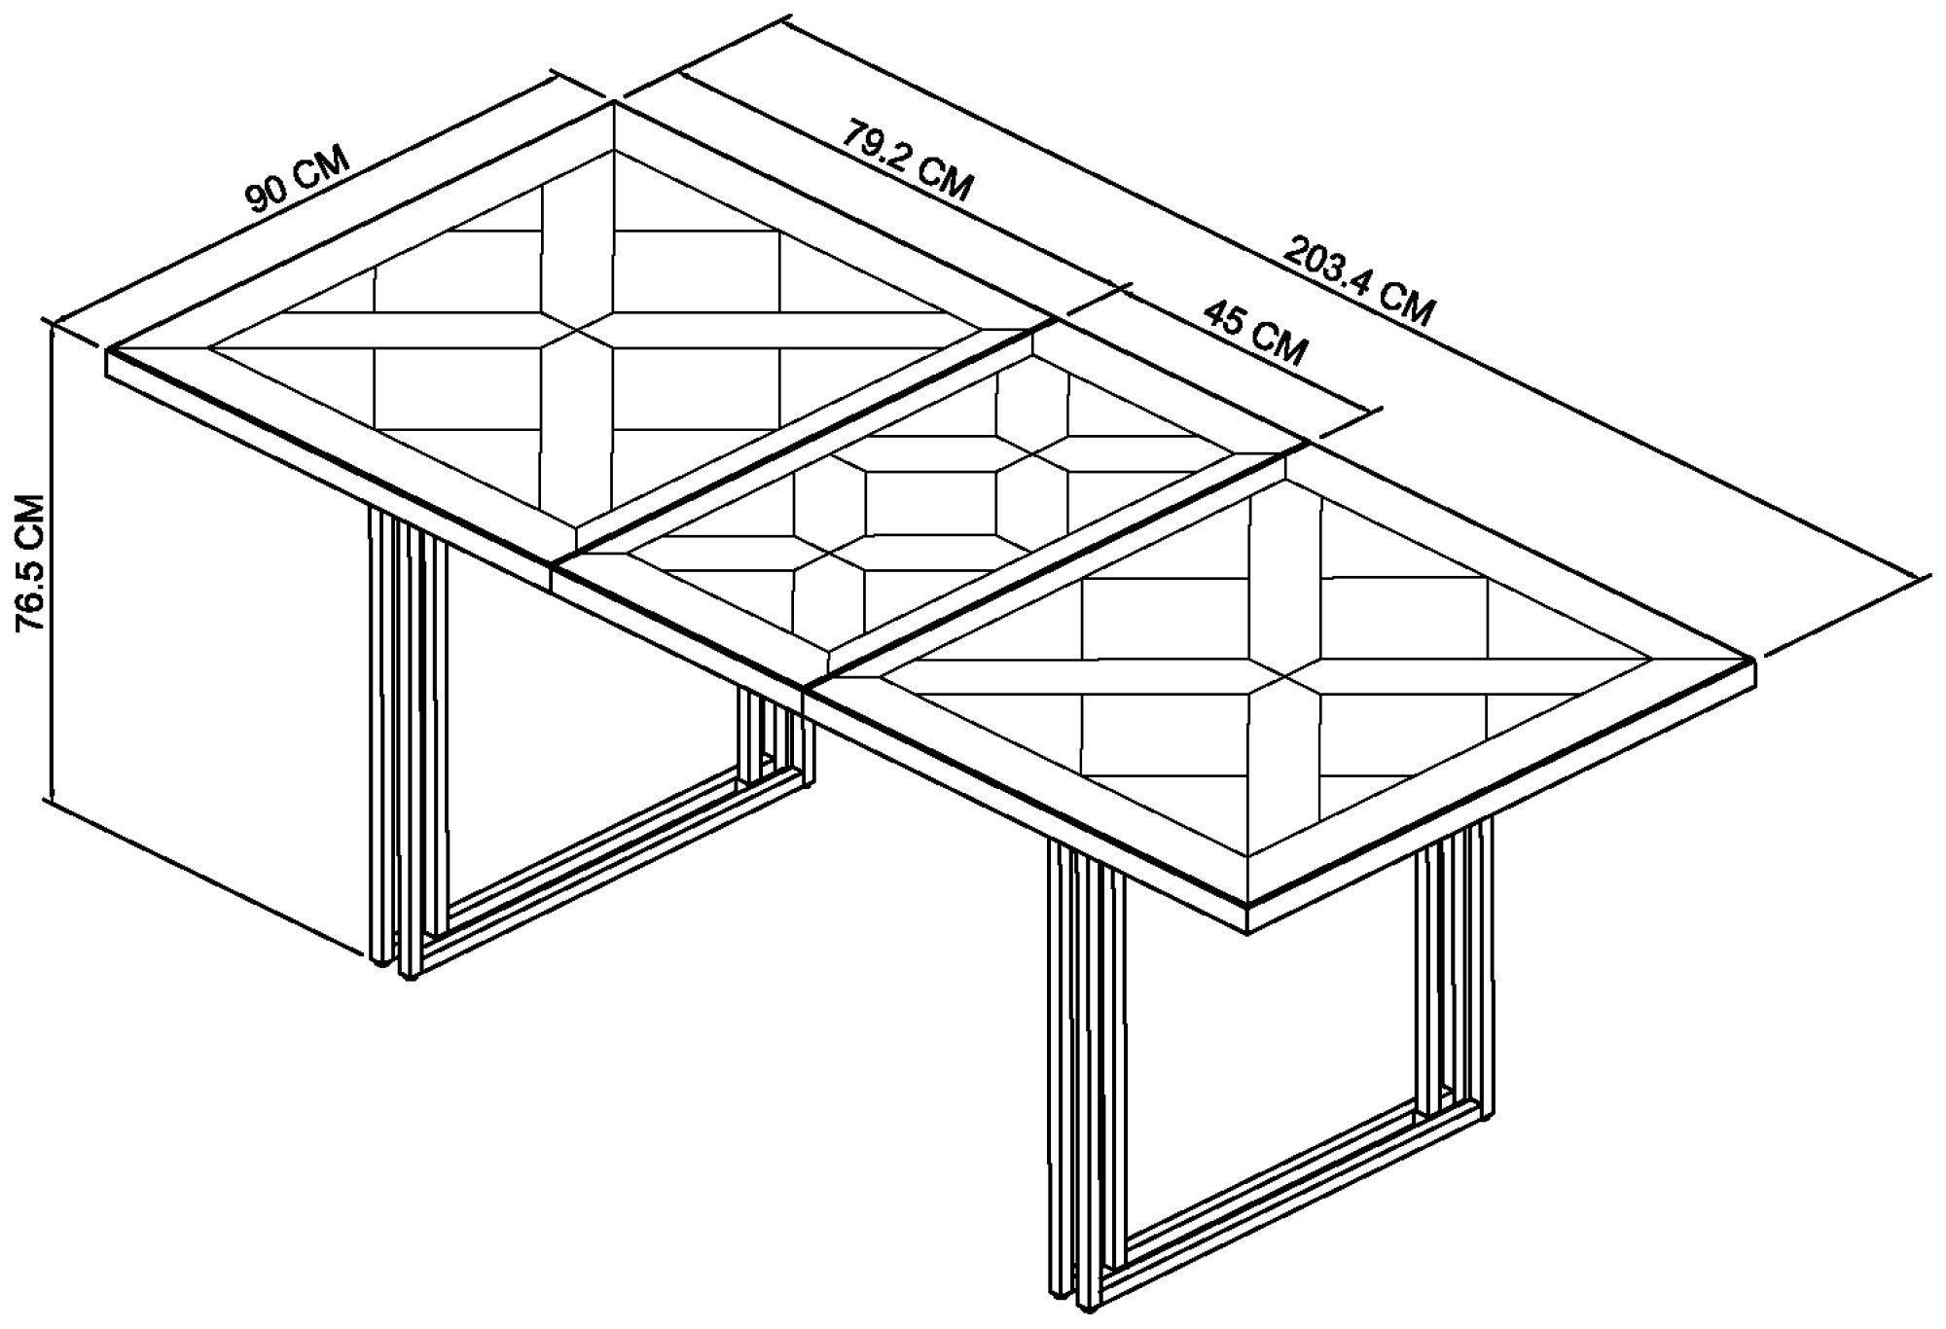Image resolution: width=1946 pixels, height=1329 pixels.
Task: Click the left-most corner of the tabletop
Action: [x=107, y=348]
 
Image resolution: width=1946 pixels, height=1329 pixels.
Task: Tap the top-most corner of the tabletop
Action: [x=614, y=102]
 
